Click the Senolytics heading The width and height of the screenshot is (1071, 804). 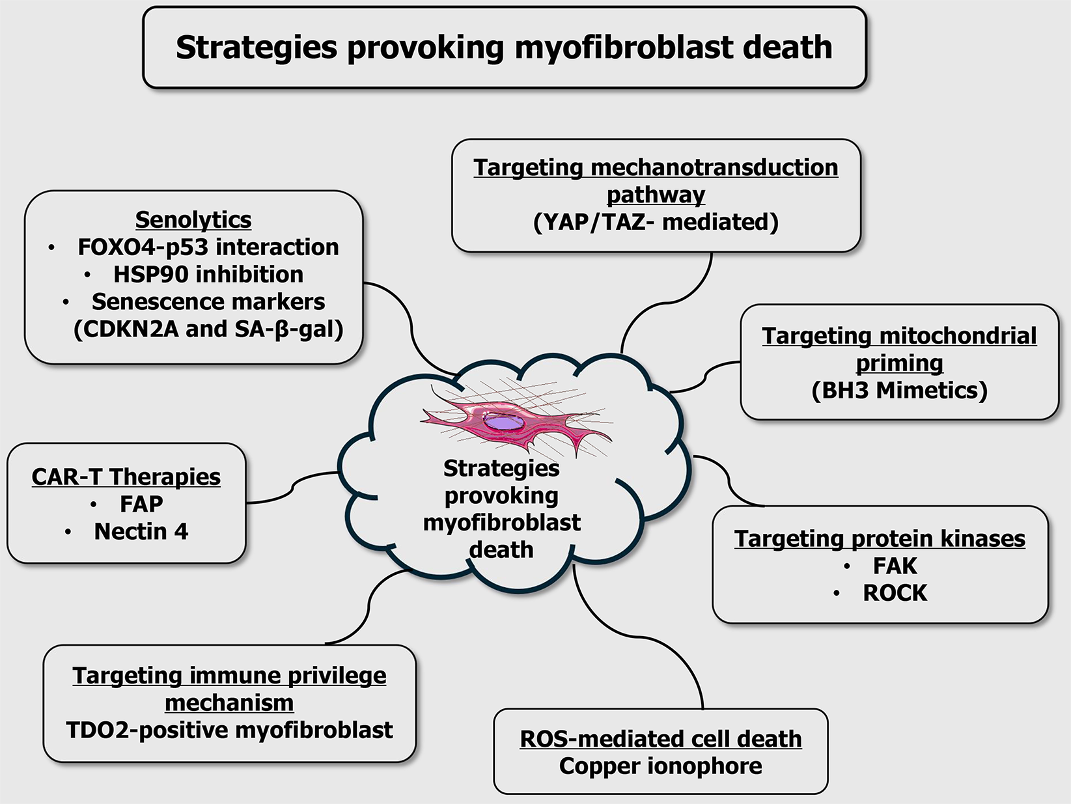(193, 220)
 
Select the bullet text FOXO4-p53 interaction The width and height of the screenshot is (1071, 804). (208, 247)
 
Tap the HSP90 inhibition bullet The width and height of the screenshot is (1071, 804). (208, 275)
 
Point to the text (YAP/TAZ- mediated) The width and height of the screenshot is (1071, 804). (656, 222)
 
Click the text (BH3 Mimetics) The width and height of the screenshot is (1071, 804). (899, 390)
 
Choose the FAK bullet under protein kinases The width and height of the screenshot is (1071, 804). (895, 566)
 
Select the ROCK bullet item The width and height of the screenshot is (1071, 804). (895, 593)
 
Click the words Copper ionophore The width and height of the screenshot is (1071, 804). (660, 766)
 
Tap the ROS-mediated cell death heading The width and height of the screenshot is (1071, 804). (660, 739)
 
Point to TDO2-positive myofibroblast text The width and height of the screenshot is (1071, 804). (229, 730)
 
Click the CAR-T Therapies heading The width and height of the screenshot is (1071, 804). (126, 477)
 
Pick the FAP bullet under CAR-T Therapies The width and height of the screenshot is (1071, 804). (141, 504)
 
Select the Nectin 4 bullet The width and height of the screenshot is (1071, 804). (141, 531)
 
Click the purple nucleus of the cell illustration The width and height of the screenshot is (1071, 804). (503, 423)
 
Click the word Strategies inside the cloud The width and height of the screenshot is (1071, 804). (501, 468)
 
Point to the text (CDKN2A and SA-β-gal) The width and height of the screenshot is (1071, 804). (208, 329)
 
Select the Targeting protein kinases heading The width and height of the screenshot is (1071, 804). (880, 538)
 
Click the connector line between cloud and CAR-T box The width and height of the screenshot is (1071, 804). (293, 485)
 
